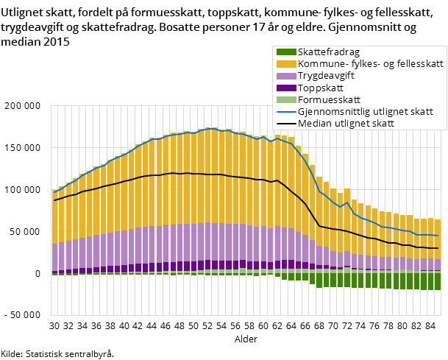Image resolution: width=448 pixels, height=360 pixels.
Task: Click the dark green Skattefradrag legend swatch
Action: (286, 52)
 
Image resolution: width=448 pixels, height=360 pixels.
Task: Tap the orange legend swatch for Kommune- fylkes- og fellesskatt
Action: (286, 64)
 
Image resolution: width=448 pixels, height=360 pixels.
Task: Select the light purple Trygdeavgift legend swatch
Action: (286, 76)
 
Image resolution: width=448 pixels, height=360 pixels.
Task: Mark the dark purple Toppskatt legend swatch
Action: (286, 88)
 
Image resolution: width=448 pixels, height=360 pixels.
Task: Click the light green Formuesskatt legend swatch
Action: (286, 99)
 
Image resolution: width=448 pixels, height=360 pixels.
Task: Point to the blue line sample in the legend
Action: (286, 112)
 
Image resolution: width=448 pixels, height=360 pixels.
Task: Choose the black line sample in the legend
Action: (286, 124)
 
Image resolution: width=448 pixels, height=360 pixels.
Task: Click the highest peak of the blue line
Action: (210, 129)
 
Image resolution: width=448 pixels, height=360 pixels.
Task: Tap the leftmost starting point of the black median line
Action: (54, 200)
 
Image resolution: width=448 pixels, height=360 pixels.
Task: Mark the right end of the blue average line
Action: (438, 236)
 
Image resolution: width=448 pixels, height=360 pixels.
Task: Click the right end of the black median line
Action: (438, 248)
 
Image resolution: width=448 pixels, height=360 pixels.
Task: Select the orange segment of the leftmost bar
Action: (54, 216)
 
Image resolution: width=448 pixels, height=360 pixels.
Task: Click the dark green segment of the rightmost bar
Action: (438, 280)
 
